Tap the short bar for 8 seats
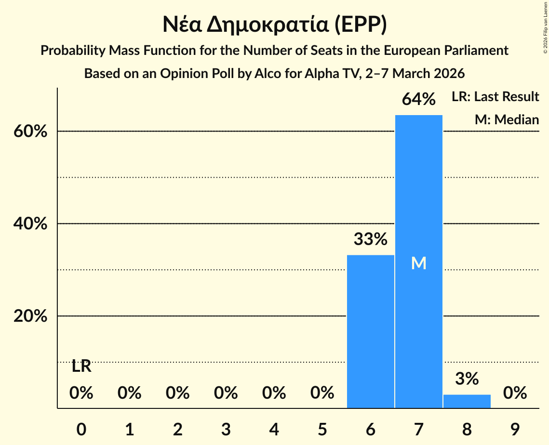coord(467,401)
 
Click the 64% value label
coord(418,100)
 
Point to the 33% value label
coord(370,239)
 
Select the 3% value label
coord(467,379)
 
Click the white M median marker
coord(418,263)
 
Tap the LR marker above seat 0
coord(81,366)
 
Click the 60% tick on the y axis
coord(30,131)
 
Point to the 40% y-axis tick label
coord(30,224)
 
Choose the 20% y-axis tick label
coord(30,316)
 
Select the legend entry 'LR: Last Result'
coord(495,97)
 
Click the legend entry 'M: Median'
coord(507,119)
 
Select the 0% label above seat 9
coord(515,393)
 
